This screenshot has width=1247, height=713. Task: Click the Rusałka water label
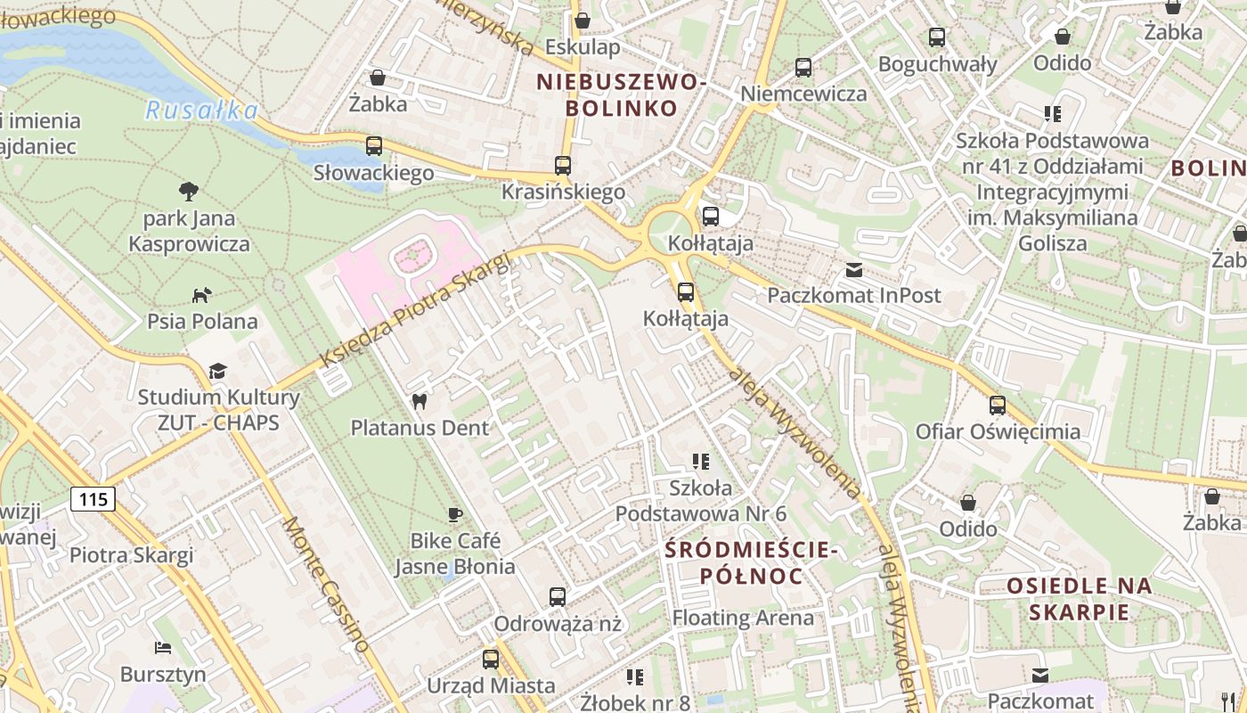tap(201, 111)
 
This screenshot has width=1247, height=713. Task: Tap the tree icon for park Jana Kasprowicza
tap(188, 191)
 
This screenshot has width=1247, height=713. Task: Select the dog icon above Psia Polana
tap(202, 294)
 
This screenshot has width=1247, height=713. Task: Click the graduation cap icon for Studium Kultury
tap(217, 371)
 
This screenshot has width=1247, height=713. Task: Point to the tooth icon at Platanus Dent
tap(420, 402)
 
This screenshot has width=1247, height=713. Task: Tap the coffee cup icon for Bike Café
tap(455, 514)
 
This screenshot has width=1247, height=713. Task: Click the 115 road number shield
tap(94, 499)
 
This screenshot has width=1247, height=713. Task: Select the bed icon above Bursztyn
tap(162, 647)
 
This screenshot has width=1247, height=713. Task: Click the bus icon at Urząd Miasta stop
tap(491, 660)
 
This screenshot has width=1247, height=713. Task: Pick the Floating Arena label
tap(743, 618)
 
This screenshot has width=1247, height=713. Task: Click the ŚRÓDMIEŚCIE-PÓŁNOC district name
tap(752, 563)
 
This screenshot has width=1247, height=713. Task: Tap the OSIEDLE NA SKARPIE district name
tap(1080, 599)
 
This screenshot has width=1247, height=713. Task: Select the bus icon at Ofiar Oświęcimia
tap(998, 406)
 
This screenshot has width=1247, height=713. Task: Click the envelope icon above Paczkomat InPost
tap(854, 269)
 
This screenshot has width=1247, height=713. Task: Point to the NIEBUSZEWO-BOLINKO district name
tap(622, 95)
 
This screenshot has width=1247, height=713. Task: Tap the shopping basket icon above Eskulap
tap(583, 20)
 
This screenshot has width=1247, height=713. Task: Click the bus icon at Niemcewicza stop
tap(803, 68)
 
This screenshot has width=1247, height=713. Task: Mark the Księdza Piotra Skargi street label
tap(415, 309)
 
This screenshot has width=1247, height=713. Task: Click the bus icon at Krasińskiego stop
tap(563, 165)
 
